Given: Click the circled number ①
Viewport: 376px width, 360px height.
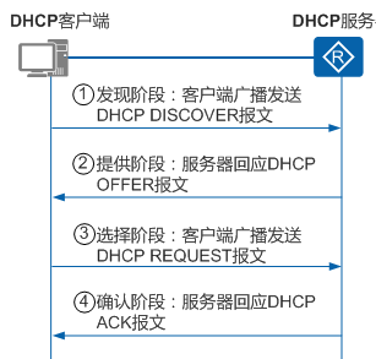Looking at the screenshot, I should coord(85,95).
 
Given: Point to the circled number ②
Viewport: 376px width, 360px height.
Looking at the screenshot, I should coord(85,164).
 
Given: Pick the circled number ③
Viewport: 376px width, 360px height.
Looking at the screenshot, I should coord(85,235).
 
